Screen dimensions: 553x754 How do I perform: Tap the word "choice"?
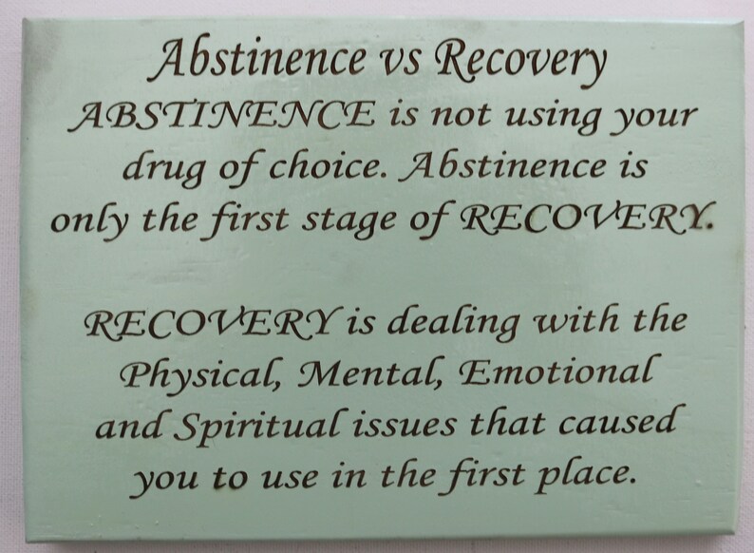pos(304,169)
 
